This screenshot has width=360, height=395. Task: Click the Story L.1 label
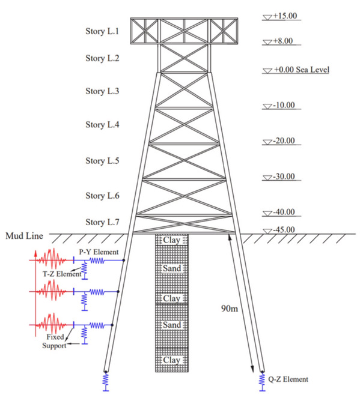coord(102,31)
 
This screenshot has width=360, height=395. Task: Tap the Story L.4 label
coord(102,125)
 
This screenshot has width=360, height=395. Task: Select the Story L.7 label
coord(102,222)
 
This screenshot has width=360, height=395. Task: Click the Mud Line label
coord(24,236)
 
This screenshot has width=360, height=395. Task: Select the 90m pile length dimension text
coord(230,309)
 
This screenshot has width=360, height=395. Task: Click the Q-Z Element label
coord(288,379)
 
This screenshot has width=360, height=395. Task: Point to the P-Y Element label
coord(99,252)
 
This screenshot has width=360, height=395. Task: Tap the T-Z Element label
coord(62,274)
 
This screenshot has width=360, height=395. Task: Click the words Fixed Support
coord(55,341)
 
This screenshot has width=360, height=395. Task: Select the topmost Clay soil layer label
coord(171,240)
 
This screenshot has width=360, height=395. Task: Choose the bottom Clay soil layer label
coord(171,360)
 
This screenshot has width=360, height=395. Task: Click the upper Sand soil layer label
coord(172,268)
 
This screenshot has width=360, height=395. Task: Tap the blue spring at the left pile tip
coord(106,381)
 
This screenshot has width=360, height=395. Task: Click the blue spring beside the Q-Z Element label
coord(263,381)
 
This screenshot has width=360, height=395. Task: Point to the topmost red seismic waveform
coord(52,259)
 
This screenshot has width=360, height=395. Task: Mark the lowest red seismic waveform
coord(52,324)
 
